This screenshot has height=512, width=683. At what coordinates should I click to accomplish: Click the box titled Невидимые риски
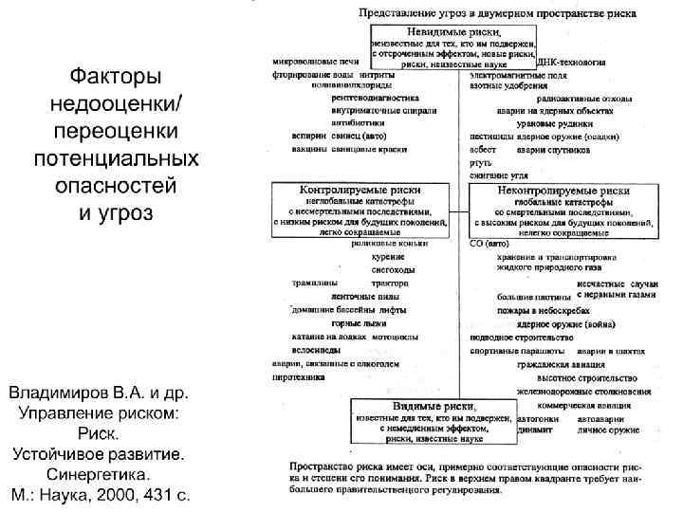click(x=452, y=46)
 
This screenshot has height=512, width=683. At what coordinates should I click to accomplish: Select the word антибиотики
click(x=358, y=122)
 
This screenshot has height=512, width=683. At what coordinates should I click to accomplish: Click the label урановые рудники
click(x=579, y=122)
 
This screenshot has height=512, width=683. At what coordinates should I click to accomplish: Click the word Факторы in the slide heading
click(x=99, y=73)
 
